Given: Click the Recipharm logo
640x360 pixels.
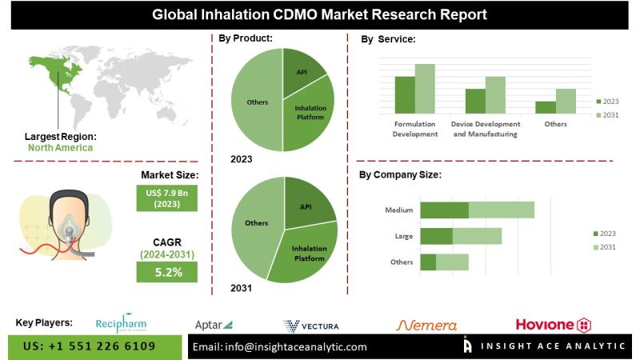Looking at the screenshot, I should pos(121,325).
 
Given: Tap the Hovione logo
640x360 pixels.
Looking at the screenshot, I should pos(553,325).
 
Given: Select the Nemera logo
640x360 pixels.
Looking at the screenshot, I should pos(427,325).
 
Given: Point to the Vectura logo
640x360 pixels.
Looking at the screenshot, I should pos(311,326).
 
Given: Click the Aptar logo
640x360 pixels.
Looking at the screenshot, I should pos(214,325).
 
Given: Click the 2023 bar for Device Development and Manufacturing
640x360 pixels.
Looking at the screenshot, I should pos(475,101).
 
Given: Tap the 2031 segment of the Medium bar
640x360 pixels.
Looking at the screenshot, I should pos(501,210).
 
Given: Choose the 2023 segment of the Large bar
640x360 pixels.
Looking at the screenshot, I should pos(436,236).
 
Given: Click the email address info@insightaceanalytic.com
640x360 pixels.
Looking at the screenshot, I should pos(280,346).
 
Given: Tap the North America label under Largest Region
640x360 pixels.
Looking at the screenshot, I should pos(60,147).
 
